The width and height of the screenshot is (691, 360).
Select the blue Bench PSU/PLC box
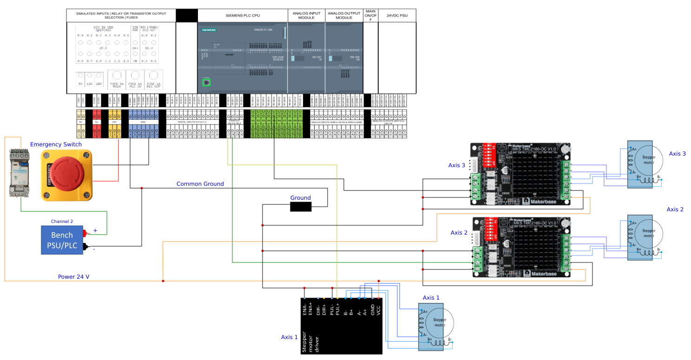click(x=62, y=239)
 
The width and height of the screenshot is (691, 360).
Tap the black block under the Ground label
click(x=300, y=207)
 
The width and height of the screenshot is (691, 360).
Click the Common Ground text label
click(x=200, y=184)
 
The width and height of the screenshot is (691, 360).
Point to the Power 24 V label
click(x=73, y=276)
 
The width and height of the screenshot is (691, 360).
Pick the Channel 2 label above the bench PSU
click(x=62, y=221)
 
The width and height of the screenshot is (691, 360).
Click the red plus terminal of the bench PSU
click(x=85, y=233)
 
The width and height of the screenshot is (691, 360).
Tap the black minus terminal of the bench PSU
click(x=85, y=246)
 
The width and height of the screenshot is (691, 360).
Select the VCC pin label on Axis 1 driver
click(x=379, y=310)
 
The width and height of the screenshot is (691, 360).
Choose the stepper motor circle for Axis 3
click(x=648, y=158)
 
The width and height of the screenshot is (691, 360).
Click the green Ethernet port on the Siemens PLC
click(x=206, y=82)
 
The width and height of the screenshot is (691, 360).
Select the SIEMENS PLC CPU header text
click(x=243, y=15)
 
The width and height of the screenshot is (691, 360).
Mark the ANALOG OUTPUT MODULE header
click(x=343, y=15)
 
